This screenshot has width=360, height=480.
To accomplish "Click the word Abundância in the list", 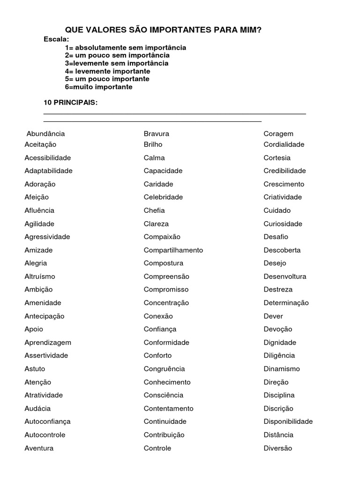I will pyautogui.click(x=45, y=134).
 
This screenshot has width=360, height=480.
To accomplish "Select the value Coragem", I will pyautogui.click(x=278, y=134).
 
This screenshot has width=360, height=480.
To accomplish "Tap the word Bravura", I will pyautogui.click(x=157, y=134).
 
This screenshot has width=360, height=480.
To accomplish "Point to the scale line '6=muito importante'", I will pyautogui.click(x=98, y=87).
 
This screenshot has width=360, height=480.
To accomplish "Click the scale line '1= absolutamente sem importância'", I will pyautogui.click(x=125, y=47).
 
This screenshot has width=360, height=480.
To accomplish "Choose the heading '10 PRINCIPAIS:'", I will pyautogui.click(x=70, y=103).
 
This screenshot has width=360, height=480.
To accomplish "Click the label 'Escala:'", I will pyautogui.click(x=56, y=39).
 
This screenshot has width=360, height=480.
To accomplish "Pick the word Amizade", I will pyautogui.click(x=38, y=250).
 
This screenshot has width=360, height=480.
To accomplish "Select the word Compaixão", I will pyautogui.click(x=162, y=237).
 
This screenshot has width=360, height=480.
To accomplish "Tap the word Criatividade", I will pyautogui.click(x=283, y=197).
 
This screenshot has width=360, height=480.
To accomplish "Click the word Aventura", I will pyautogui.click(x=39, y=448).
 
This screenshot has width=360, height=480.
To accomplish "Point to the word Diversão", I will pyautogui.click(x=277, y=448).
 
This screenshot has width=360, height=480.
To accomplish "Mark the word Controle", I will pyautogui.click(x=157, y=448).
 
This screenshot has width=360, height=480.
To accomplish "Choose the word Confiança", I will pyautogui.click(x=160, y=329).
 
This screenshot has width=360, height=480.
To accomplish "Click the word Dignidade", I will pyautogui.click(x=280, y=342).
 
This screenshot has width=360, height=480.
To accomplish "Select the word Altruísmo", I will pyautogui.click(x=40, y=277).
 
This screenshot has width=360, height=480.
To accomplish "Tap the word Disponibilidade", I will pyautogui.click(x=288, y=421).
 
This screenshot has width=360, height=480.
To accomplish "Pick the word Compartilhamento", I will pyautogui.click(x=173, y=250).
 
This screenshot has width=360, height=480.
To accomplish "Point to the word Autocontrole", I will pyautogui.click(x=45, y=435).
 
